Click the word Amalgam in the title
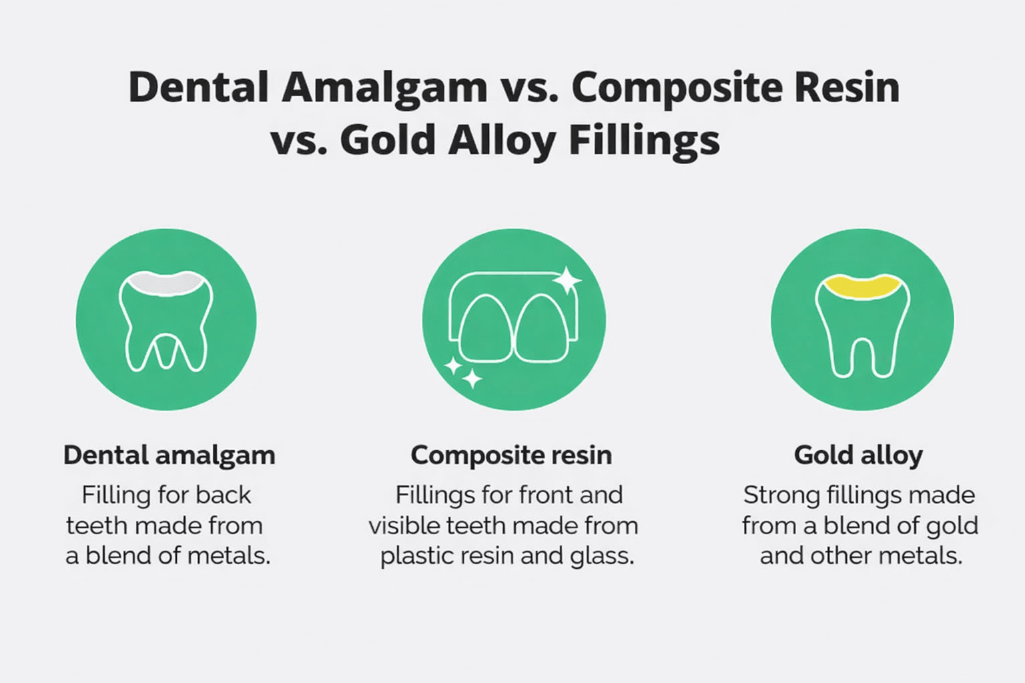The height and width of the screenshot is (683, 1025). tap(384, 88)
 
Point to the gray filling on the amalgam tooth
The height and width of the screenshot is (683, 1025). tap(165, 283)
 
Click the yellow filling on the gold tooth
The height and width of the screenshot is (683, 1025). tap(862, 286)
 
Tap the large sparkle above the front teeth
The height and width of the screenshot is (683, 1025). tap(568, 280)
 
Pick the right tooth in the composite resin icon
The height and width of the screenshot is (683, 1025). tap(542, 329)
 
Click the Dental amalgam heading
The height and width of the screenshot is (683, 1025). tap(169, 456)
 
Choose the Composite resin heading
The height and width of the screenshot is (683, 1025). tap(511, 456)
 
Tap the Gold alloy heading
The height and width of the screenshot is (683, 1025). tap(858, 456)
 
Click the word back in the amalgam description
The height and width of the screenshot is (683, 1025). tap(224, 496)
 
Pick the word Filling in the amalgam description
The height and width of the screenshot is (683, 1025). tap(115, 496)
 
